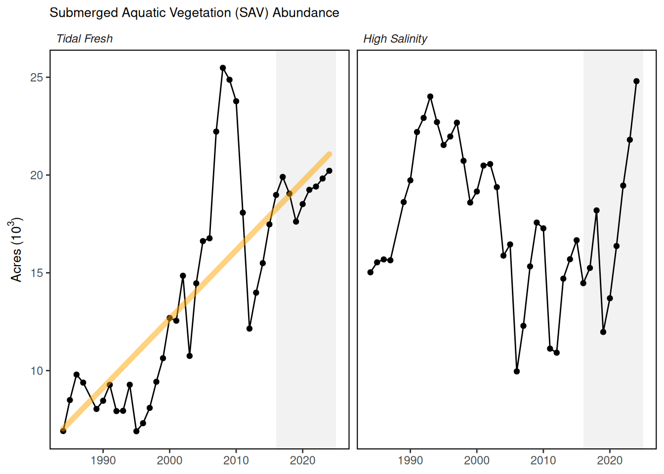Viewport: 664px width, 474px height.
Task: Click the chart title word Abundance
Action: coord(306,13)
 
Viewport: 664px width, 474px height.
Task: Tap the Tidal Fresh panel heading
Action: coord(84,39)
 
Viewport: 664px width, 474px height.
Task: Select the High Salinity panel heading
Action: coord(395,39)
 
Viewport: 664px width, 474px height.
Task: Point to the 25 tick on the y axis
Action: coord(37,78)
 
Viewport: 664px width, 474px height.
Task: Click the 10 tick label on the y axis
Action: coord(37,371)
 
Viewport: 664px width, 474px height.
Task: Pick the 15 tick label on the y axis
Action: coord(37,273)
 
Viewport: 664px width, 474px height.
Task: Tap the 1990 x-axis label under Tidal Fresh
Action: coord(103,461)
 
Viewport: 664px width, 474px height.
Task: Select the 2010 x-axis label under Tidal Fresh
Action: coord(236,461)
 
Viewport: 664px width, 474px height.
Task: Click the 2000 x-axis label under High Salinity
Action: coord(477,461)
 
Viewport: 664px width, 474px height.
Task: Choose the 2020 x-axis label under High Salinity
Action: coord(610,461)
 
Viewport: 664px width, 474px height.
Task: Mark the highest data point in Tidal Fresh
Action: coord(223,68)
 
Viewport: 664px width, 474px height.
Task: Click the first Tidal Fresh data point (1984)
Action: coord(63,431)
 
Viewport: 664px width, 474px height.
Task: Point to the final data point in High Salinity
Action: coord(636,81)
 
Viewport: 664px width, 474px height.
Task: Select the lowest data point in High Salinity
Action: coord(517,371)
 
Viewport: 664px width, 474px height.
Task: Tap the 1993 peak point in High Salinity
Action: coord(430,97)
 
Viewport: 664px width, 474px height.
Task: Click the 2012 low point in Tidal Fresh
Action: coord(249,328)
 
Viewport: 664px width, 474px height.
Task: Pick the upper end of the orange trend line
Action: coord(329,155)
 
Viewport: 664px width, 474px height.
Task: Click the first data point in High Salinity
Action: coord(371,272)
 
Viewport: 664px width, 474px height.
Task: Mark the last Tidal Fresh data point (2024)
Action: coord(330,171)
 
